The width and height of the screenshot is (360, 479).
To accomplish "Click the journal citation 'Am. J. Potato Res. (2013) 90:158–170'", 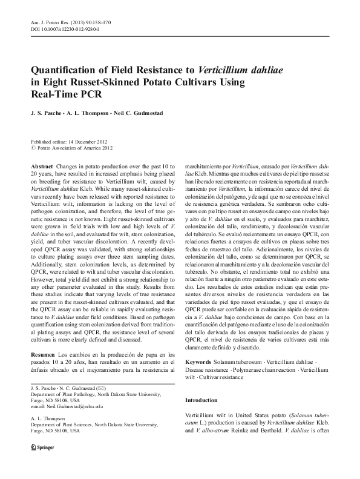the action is (67, 22).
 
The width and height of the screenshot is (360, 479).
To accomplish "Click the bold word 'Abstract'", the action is (42, 165).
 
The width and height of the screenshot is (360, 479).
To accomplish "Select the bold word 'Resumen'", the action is (43, 354).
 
